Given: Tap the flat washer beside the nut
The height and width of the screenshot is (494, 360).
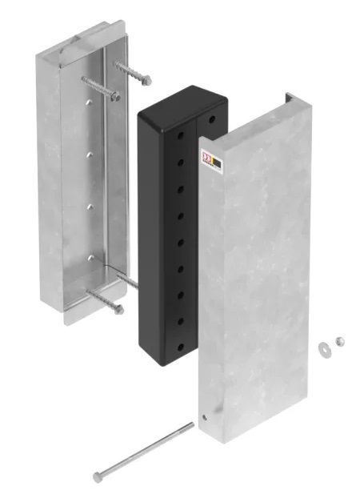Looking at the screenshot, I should point(324,347).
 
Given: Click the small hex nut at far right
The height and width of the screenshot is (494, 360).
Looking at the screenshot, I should point(340,342).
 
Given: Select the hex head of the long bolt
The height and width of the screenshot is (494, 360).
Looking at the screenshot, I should point(98,476).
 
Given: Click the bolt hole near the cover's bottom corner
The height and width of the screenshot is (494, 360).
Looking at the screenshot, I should point(206,417).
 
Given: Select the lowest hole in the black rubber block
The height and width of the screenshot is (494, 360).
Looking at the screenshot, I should point(181,347).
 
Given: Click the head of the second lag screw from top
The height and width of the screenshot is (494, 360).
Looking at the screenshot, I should point(116,97).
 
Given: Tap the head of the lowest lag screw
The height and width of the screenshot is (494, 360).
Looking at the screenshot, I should point(118,309).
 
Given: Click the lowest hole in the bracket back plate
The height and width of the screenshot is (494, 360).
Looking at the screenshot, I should point(91,258).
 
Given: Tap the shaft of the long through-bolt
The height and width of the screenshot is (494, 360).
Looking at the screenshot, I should point(144,451).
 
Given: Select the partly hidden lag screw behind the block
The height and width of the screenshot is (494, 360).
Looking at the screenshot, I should point(128,279).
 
